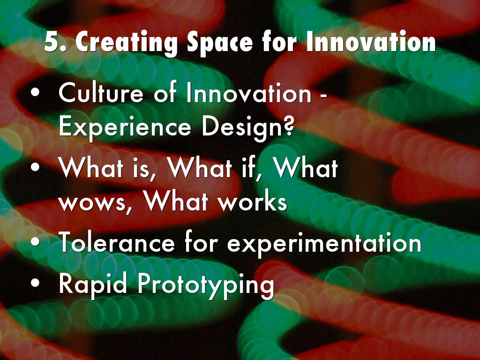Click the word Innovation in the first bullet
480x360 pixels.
point(248,93)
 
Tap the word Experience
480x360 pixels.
point(125,127)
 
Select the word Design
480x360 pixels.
point(241,127)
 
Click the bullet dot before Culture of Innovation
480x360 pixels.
point(35,93)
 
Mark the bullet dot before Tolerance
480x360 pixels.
point(35,241)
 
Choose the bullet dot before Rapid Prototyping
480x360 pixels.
point(35,283)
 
